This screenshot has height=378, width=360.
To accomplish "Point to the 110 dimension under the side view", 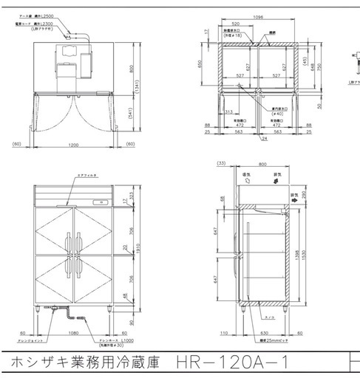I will pos(224,333).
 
